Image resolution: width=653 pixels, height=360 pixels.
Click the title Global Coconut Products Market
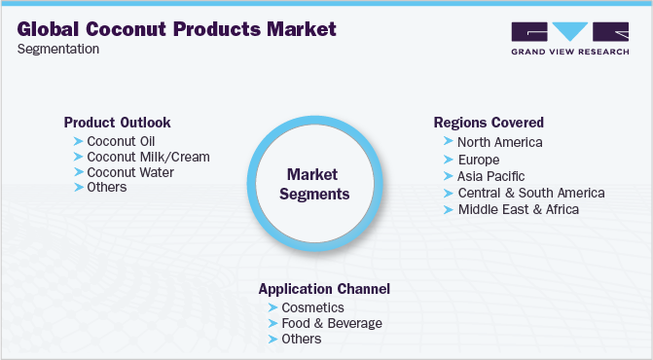click(177, 28)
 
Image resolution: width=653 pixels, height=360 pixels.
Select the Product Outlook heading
click(117, 123)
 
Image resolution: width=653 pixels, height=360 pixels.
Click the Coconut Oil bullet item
click(121, 142)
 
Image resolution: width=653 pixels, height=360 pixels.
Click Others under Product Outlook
click(107, 187)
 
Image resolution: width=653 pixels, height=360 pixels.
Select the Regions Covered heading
click(489, 123)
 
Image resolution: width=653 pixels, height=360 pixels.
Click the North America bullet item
click(499, 142)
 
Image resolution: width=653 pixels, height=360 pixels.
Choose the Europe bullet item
click(478, 160)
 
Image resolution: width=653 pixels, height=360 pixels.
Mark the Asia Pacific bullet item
click(490, 176)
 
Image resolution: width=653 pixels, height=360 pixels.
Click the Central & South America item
click(530, 193)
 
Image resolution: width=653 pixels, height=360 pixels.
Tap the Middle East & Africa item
click(518, 209)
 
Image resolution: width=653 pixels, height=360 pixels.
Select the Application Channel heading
click(324, 289)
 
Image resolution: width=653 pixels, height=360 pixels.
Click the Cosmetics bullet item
click(312, 307)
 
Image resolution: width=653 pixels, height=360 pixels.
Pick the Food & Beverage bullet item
click(331, 323)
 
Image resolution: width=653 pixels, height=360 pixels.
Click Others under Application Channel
click(301, 339)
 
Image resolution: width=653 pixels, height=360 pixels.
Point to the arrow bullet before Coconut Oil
click(78, 142)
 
